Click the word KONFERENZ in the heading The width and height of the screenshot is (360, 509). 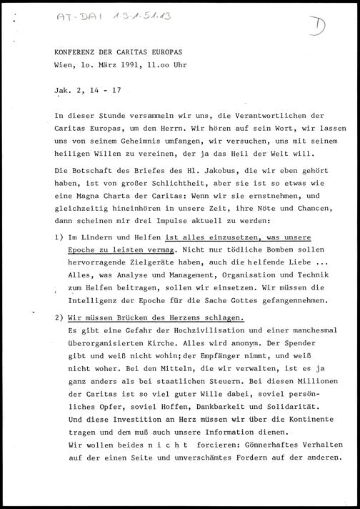pos(78,52)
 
